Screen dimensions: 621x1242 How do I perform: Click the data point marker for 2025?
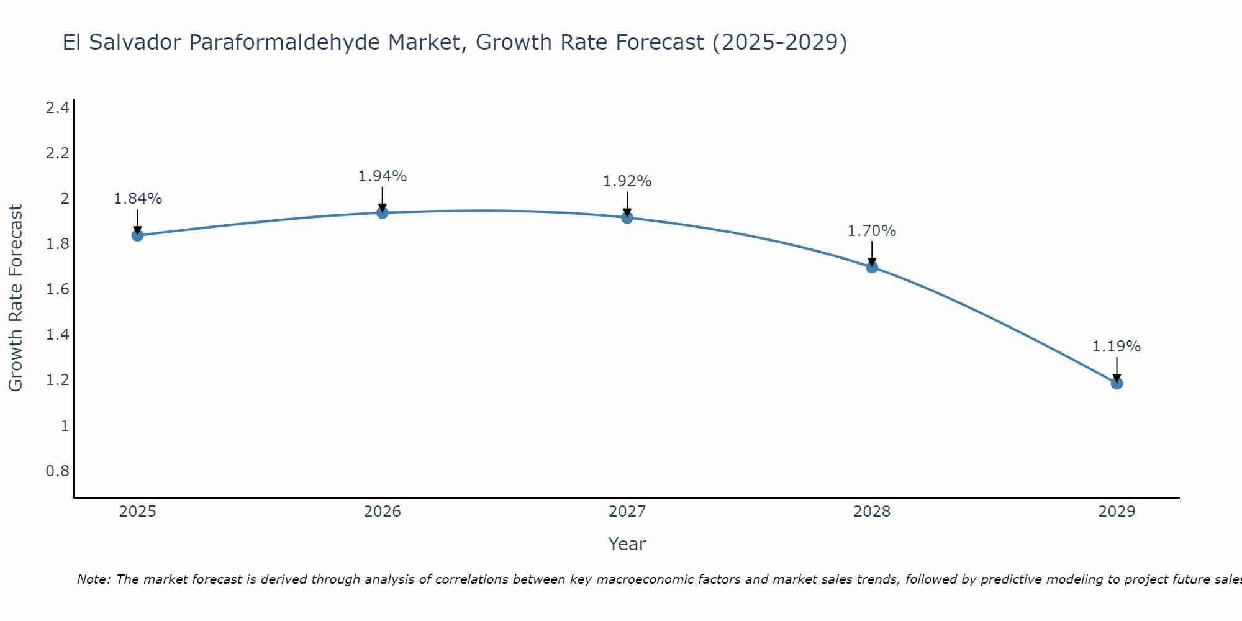click(x=138, y=235)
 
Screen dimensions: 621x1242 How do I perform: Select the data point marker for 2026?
click(x=383, y=213)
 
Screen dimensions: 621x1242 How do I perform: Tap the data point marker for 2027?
click(x=627, y=217)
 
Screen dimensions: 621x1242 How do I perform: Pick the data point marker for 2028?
click(x=872, y=268)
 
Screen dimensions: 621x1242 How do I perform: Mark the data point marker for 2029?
click(x=1117, y=383)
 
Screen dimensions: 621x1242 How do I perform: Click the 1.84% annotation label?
click(x=138, y=199)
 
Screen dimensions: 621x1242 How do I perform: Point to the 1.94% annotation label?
click(x=383, y=176)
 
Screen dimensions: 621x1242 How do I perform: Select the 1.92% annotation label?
click(x=627, y=181)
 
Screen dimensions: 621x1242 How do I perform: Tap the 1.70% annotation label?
click(x=872, y=231)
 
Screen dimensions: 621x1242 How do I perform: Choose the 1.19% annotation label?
click(x=1117, y=347)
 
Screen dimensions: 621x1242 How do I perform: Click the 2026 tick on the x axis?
click(x=383, y=512)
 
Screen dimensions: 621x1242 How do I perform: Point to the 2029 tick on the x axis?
click(x=1117, y=512)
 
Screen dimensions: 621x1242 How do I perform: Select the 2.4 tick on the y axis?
click(x=57, y=108)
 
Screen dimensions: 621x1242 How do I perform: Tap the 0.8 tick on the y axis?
click(x=57, y=471)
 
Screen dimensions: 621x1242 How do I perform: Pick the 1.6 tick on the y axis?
click(x=57, y=289)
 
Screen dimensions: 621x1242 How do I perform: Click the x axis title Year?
click(x=627, y=544)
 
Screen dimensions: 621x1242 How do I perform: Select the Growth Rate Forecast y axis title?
click(x=16, y=298)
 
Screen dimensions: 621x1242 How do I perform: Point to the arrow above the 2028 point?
click(x=872, y=253)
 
